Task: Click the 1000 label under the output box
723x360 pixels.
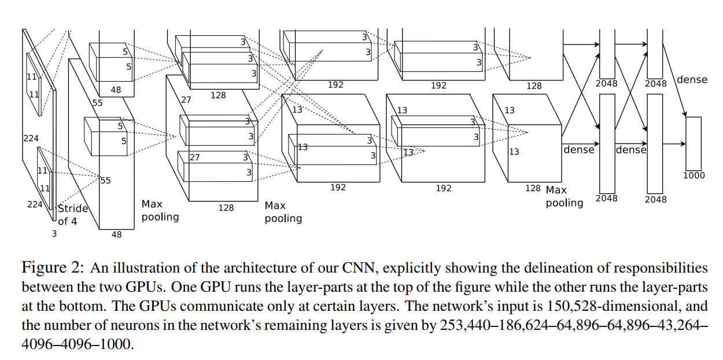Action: tap(694, 175)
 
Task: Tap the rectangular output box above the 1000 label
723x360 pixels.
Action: tap(694, 143)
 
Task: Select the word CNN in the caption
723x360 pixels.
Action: tap(361, 268)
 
